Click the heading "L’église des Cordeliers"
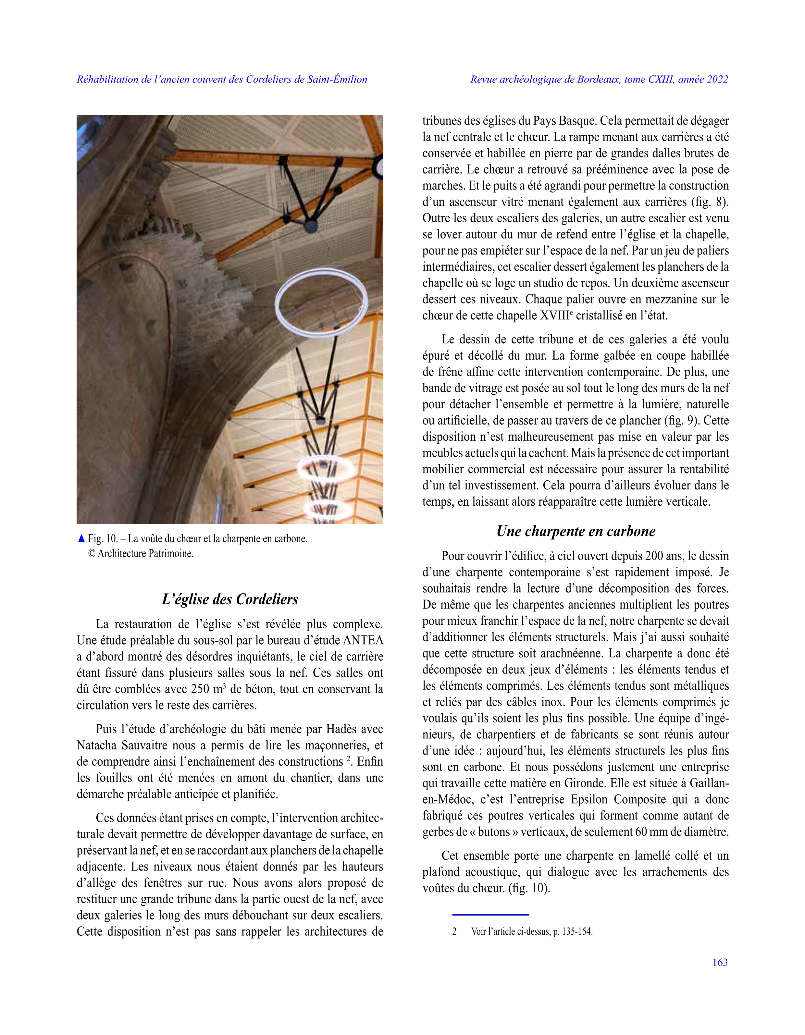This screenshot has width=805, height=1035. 230,599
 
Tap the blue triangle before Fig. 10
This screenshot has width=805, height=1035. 81,538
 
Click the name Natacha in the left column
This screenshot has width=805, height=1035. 97,745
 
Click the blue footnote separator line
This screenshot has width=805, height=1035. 490,915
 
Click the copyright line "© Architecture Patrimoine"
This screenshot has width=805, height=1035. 141,553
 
